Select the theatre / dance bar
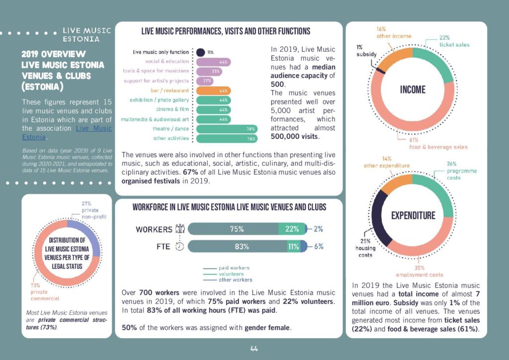[227, 129]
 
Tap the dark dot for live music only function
[200, 52]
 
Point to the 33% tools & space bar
[209, 71]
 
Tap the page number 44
[254, 349]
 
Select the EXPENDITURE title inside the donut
[413, 215]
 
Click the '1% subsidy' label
[366, 51]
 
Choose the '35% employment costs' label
[419, 271]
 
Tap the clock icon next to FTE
[180, 246]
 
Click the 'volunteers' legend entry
[231, 273]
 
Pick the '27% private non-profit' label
[93, 210]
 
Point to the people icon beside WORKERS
[180, 229]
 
